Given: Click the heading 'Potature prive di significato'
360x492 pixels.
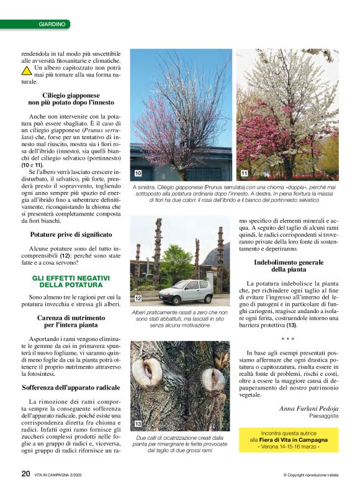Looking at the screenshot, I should [71, 234].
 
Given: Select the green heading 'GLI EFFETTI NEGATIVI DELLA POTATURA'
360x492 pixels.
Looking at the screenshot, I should [71, 281].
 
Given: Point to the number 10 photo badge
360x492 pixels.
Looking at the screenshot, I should [138, 172].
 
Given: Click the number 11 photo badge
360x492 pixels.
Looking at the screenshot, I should [244, 173].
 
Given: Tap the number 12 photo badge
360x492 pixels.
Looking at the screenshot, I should [138, 298].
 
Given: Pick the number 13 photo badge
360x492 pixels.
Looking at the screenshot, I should [138, 423].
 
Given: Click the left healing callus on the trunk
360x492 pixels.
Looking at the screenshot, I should [147, 371].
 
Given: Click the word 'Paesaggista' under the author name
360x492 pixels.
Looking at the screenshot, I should [322, 416].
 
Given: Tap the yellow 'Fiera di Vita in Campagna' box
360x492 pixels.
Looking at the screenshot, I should [289, 439].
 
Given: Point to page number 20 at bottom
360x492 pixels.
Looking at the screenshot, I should [25, 473].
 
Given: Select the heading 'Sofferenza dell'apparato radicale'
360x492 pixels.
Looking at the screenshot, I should [71, 387].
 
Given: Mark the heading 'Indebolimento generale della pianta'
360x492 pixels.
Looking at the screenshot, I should [289, 266].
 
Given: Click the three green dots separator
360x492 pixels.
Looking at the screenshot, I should [287, 339].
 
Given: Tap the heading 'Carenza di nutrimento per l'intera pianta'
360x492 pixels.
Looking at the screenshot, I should [71, 321].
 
